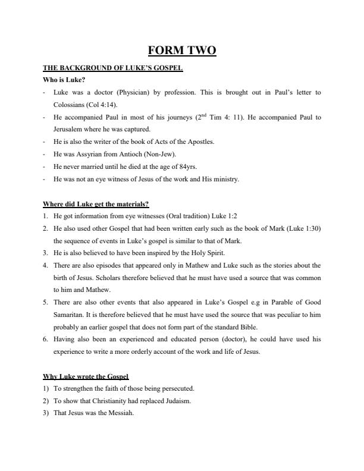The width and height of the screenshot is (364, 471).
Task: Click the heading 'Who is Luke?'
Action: pyautogui.click(x=62, y=80)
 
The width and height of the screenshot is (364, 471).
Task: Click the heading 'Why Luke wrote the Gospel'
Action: pyautogui.click(x=86, y=376)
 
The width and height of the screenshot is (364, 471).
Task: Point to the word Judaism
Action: pyautogui.click(x=176, y=401)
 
